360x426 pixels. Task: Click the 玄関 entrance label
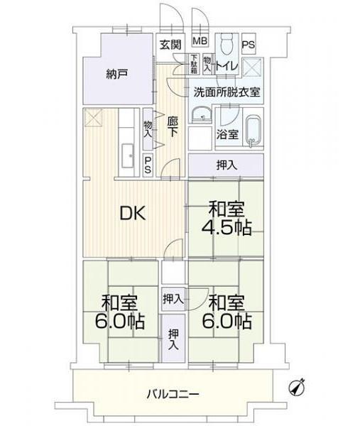click(170, 45)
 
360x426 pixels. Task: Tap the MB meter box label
click(200, 41)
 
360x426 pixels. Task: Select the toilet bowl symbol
click(226, 44)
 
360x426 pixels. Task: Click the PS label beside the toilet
click(249, 44)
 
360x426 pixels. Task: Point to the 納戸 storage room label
click(117, 74)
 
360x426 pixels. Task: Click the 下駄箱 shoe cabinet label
click(194, 65)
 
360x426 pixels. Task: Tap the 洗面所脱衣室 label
click(227, 92)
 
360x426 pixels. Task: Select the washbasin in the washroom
click(202, 114)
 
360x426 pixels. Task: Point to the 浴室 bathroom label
click(228, 134)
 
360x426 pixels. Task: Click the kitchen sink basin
click(127, 155)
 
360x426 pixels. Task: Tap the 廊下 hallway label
click(173, 127)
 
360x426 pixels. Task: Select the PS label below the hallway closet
click(148, 165)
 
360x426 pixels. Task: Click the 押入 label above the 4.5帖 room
click(227, 165)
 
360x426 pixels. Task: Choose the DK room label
click(133, 214)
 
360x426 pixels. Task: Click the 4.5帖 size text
click(227, 228)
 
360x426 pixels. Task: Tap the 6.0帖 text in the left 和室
click(119, 322)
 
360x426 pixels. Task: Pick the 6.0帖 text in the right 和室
click(227, 322)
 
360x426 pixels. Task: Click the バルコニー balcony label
click(173, 393)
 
